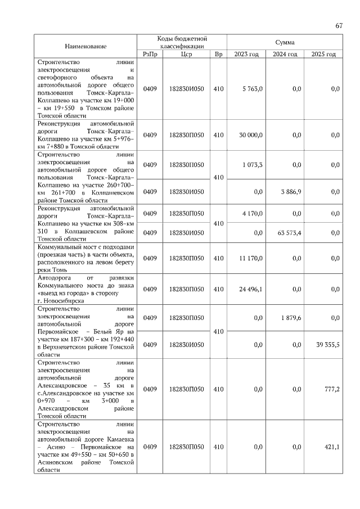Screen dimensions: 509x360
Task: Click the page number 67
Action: click(x=339, y=25)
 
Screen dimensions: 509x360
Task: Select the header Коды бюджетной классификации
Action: click(x=182, y=42)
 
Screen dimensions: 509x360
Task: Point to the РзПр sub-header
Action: click(x=150, y=54)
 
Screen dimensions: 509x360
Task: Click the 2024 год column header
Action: click(x=285, y=54)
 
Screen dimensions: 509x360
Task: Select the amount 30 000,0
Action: click(x=250, y=135)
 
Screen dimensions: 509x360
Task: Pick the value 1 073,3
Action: click(x=252, y=165)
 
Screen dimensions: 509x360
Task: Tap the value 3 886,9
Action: click(x=291, y=192)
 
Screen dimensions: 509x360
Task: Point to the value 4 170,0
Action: click(x=252, y=214)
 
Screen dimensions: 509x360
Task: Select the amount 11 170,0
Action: click(x=250, y=258)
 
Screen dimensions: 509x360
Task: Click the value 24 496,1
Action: click(x=250, y=289)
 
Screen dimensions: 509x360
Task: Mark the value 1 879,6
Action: click(x=291, y=318)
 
